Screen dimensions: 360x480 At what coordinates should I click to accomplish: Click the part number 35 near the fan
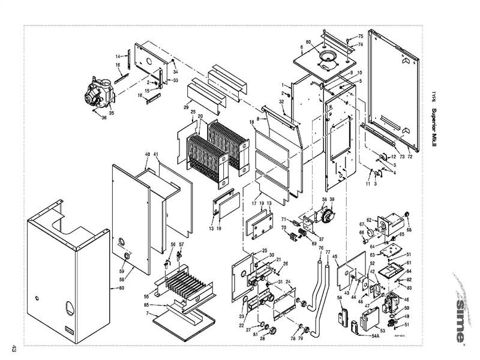(x=111, y=113)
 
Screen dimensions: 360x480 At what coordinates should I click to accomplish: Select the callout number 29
(x=170, y=107)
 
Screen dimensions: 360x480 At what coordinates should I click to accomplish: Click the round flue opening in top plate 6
(x=327, y=58)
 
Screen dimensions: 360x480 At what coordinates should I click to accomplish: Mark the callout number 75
(x=361, y=37)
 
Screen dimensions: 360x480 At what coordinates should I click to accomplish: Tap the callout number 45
(x=335, y=257)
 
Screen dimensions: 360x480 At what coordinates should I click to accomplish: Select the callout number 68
(x=409, y=229)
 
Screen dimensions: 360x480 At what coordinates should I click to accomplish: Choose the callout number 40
(x=147, y=155)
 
